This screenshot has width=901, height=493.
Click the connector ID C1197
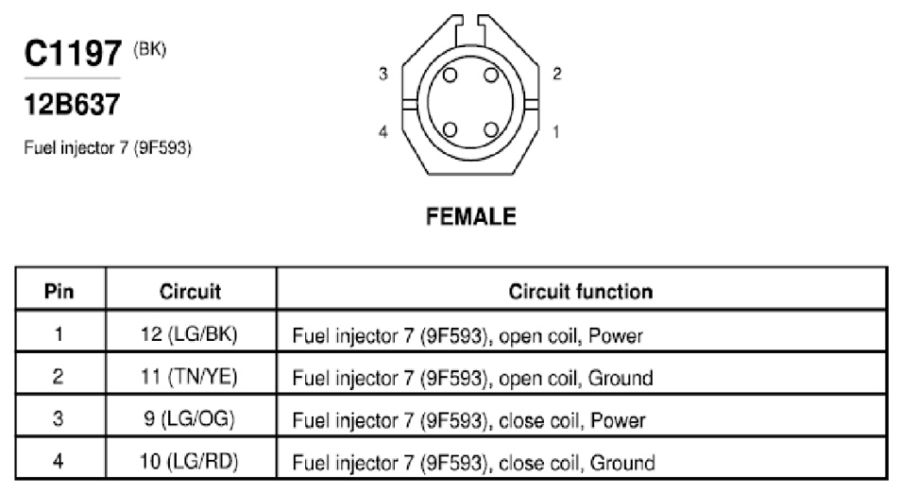73,54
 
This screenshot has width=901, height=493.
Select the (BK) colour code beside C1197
150,49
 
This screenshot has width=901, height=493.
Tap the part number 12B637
72,105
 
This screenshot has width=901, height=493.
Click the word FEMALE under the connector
471,216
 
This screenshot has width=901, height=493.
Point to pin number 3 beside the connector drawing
383,74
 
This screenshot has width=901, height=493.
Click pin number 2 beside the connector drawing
557,74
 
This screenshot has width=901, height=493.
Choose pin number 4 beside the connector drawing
383,131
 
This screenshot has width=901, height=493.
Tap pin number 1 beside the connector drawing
555,131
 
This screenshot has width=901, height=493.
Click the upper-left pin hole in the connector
450,76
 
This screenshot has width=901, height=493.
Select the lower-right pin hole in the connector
491,129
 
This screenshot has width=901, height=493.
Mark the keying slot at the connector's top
470,30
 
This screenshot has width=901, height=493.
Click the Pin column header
59,291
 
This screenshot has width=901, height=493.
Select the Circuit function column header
581,291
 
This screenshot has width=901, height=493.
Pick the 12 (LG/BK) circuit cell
189,333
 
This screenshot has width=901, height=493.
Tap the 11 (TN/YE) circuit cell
189,376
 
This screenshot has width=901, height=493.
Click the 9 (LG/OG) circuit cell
189,418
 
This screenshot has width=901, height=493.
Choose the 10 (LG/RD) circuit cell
189,461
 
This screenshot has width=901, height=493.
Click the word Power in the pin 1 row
616,335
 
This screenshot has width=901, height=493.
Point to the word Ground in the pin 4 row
622,463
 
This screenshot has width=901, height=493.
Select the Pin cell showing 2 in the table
58,376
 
